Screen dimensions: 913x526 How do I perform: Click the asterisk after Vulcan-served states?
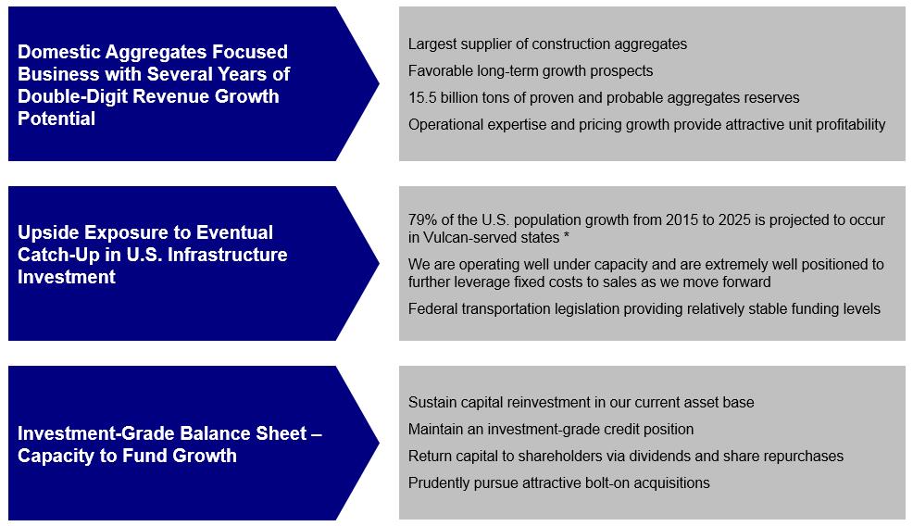click(566, 236)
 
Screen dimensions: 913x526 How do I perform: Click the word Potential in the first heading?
click(56, 119)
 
